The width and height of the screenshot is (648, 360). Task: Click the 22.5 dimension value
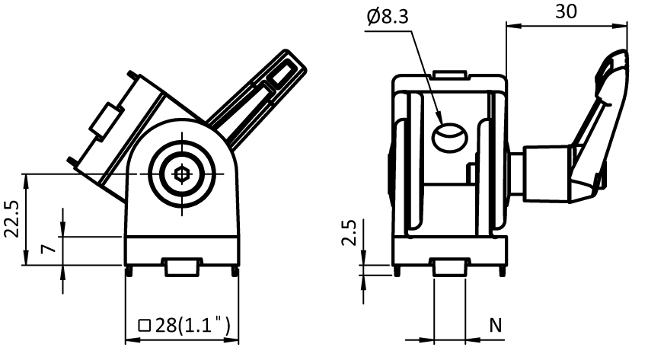[x=11, y=218]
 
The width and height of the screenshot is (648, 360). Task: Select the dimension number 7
[x=48, y=249]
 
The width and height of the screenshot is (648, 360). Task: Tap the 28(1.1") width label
[x=193, y=325]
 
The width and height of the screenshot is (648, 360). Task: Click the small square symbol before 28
[x=144, y=326]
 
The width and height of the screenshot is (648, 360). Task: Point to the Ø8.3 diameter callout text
[x=388, y=17]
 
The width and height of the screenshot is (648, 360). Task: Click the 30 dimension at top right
[x=565, y=11]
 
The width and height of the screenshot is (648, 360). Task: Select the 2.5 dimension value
[x=350, y=232]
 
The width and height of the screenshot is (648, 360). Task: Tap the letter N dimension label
[x=496, y=325]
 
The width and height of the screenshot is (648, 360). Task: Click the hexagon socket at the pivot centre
[x=181, y=174]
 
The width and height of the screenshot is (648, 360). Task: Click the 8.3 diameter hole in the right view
[x=449, y=138]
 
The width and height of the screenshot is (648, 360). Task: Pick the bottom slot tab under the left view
[x=182, y=267]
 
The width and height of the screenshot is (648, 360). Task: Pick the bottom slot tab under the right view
[x=449, y=267]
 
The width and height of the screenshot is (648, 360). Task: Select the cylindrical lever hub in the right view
[x=546, y=174]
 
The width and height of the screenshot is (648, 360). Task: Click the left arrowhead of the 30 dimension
[x=512, y=26]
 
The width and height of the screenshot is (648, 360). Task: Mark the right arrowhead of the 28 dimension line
[x=231, y=340]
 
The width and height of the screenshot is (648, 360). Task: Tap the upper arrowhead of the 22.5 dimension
[x=26, y=181]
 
